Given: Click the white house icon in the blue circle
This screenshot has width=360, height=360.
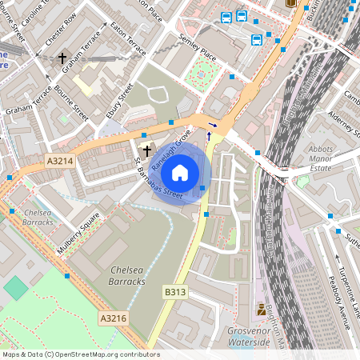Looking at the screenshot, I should (180, 173).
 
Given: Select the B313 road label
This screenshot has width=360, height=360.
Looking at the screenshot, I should (175, 292).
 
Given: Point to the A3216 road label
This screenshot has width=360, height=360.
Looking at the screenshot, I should (113, 318).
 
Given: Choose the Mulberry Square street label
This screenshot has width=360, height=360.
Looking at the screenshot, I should (78, 233).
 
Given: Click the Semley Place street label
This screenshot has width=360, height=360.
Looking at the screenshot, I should (198, 53).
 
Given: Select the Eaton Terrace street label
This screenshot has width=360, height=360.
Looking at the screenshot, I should (130, 38).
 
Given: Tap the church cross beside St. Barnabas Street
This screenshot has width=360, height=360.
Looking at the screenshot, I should (146, 150).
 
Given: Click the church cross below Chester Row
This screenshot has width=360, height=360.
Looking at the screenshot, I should (62, 58).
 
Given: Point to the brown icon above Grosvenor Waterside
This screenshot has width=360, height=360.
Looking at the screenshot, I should (261, 310).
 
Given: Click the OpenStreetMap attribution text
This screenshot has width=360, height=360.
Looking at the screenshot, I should (80, 354).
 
